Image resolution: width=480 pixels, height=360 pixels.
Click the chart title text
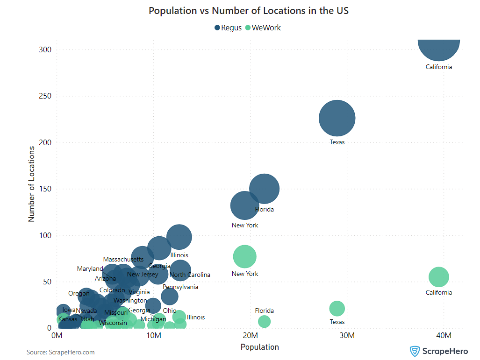point(248,10)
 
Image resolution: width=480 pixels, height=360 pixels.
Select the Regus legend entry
point(228,28)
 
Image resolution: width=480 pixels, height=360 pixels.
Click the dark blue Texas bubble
point(337,118)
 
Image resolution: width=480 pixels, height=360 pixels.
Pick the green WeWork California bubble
point(438,277)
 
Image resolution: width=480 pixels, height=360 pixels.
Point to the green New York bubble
point(244,256)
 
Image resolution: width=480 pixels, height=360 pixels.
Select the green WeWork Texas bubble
point(337,308)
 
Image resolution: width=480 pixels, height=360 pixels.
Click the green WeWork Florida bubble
point(264,321)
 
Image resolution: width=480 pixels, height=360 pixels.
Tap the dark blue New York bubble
point(244,205)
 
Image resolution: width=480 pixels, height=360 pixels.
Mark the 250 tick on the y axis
point(44,96)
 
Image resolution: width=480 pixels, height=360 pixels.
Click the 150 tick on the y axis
point(44,189)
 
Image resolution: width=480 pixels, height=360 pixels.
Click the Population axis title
point(259,347)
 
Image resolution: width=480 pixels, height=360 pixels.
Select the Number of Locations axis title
point(32,184)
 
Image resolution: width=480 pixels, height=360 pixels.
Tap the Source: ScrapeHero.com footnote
point(60,352)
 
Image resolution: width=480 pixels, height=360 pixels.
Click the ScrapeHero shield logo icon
point(414,351)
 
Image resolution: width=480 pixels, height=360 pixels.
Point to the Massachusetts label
point(123,259)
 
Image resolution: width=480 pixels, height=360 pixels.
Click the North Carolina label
point(190,275)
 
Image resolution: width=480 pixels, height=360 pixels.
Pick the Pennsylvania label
point(180,287)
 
